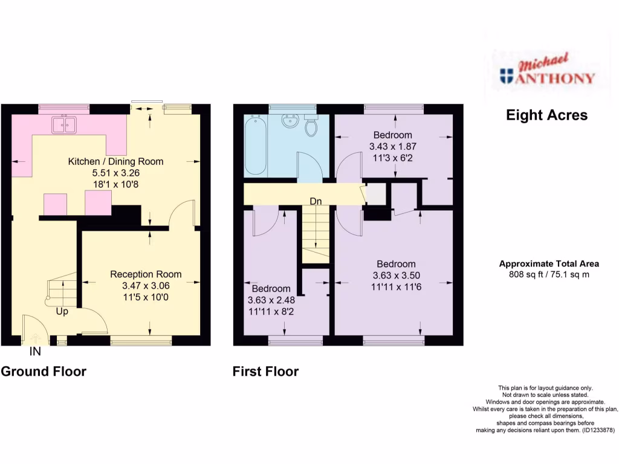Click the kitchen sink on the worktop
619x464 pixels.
64,125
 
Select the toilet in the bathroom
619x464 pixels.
312,127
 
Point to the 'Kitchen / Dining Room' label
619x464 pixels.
115,161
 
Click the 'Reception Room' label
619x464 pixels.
146,274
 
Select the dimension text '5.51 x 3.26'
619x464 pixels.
115,173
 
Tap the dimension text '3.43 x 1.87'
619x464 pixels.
393,146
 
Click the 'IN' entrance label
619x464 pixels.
36,351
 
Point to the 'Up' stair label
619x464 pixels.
62,312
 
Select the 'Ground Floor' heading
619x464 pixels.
44,372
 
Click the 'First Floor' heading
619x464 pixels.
265,372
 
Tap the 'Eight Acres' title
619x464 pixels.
546,115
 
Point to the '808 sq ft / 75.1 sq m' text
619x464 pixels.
549,275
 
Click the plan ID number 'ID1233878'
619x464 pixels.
593,430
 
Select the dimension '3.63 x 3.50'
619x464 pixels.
397,275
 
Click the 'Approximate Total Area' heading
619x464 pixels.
549,263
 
